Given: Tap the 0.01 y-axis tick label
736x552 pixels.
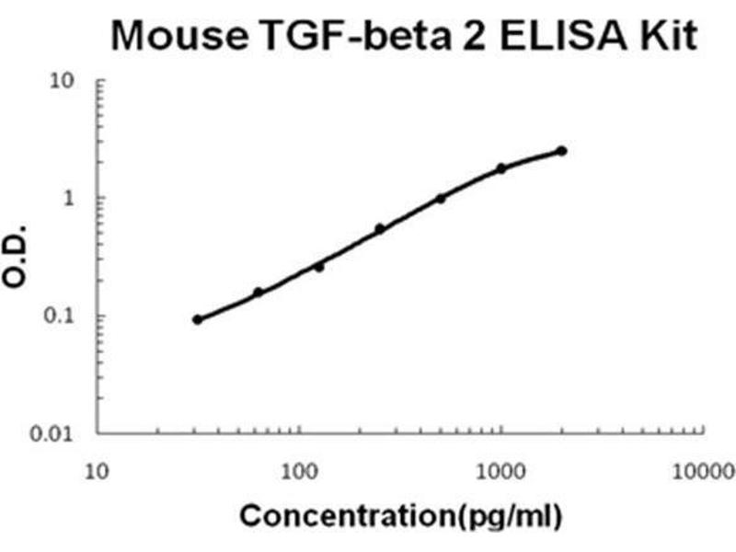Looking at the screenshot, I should point(56,433).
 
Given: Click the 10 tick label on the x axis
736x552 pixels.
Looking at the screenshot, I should point(98,470).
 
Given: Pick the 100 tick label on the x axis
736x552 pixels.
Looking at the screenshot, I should point(299,470).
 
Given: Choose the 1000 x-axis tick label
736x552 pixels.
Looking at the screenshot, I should point(500,470).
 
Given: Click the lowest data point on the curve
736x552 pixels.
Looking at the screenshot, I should point(198,319).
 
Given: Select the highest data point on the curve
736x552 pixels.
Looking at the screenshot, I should point(562,151).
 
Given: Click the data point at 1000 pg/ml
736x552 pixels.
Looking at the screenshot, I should point(501,168).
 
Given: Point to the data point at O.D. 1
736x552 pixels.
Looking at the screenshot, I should point(441,198).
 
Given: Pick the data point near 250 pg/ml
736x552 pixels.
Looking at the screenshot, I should point(380,228).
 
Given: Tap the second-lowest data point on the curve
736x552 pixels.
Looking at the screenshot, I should point(259,293).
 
